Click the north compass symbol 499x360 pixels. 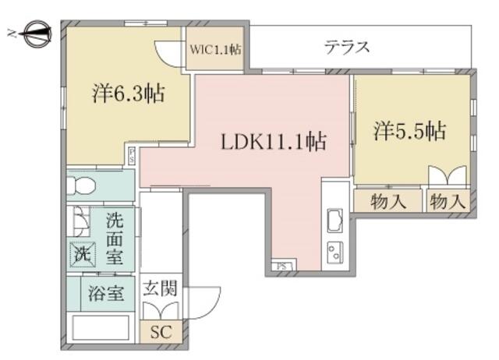coord(37,34)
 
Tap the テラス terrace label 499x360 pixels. coord(347,48)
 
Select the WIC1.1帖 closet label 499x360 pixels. coord(215,50)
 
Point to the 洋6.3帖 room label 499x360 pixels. coord(129,94)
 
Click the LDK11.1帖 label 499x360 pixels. coord(274,142)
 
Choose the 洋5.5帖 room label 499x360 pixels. coord(409,130)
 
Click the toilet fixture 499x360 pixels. coord(81,185)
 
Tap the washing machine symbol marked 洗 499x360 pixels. coord(83,255)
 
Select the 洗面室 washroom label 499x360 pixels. coord(115,238)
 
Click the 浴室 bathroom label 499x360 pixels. coord(106,294)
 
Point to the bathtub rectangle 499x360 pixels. coord(101,327)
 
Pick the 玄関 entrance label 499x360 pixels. coord(160,288)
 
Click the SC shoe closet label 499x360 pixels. coord(161,332)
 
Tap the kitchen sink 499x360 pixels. coord(335,221)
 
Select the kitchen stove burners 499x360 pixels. coord(335,252)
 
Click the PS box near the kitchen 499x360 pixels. coord(282,266)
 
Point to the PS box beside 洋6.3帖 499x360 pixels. coord(132,156)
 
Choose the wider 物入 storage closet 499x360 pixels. coord(388,201)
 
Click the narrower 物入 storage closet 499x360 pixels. coord(448,201)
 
